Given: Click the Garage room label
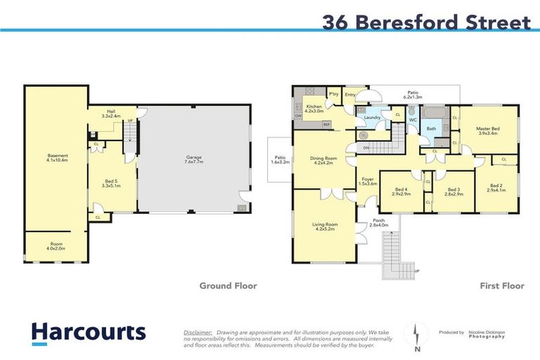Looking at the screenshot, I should pos(194,159).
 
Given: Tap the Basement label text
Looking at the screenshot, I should pos(58,157).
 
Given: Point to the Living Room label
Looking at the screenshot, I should pos(325,226).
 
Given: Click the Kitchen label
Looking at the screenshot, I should pos(314,108).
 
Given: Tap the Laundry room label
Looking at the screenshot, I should pos(372,117).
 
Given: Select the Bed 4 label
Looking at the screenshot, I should pos(401,191).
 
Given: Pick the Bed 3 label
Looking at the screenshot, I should pos(454,191).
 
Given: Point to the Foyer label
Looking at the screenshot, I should pos(368,181).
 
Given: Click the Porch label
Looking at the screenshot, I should pos(379,223).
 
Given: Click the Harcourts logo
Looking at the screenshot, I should pos(89,332).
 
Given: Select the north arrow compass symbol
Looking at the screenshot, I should pos(418,335).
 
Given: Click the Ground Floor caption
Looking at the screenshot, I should pos(228,286).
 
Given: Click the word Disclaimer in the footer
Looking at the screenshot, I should pos(198,331).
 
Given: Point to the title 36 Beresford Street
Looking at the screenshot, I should pos(426,22).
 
